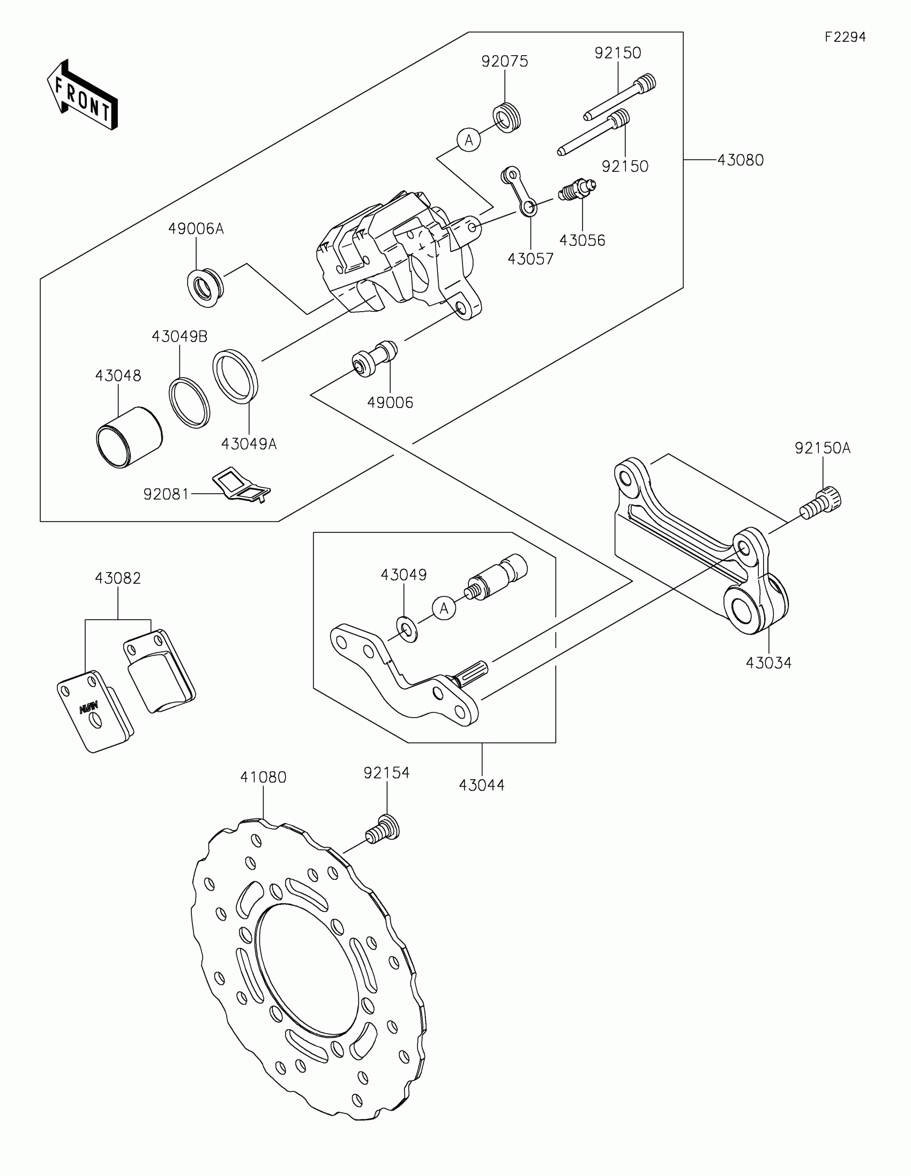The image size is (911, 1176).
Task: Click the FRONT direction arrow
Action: (x=82, y=95)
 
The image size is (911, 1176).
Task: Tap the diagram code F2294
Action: (x=845, y=37)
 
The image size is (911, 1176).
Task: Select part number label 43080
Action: (x=740, y=160)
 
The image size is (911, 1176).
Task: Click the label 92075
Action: (x=504, y=62)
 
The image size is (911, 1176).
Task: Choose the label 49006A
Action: (x=196, y=229)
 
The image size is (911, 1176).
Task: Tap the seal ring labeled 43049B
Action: (x=189, y=403)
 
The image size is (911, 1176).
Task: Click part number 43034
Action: (x=768, y=663)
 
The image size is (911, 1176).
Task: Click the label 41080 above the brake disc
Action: (x=263, y=777)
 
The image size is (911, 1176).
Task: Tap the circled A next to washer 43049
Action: (x=444, y=608)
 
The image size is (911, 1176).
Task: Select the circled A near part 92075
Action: (x=469, y=140)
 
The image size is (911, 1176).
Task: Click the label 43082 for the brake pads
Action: (x=117, y=578)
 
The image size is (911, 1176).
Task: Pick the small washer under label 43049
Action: (x=406, y=629)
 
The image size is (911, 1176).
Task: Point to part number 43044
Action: (x=482, y=785)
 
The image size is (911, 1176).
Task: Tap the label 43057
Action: (x=530, y=259)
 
